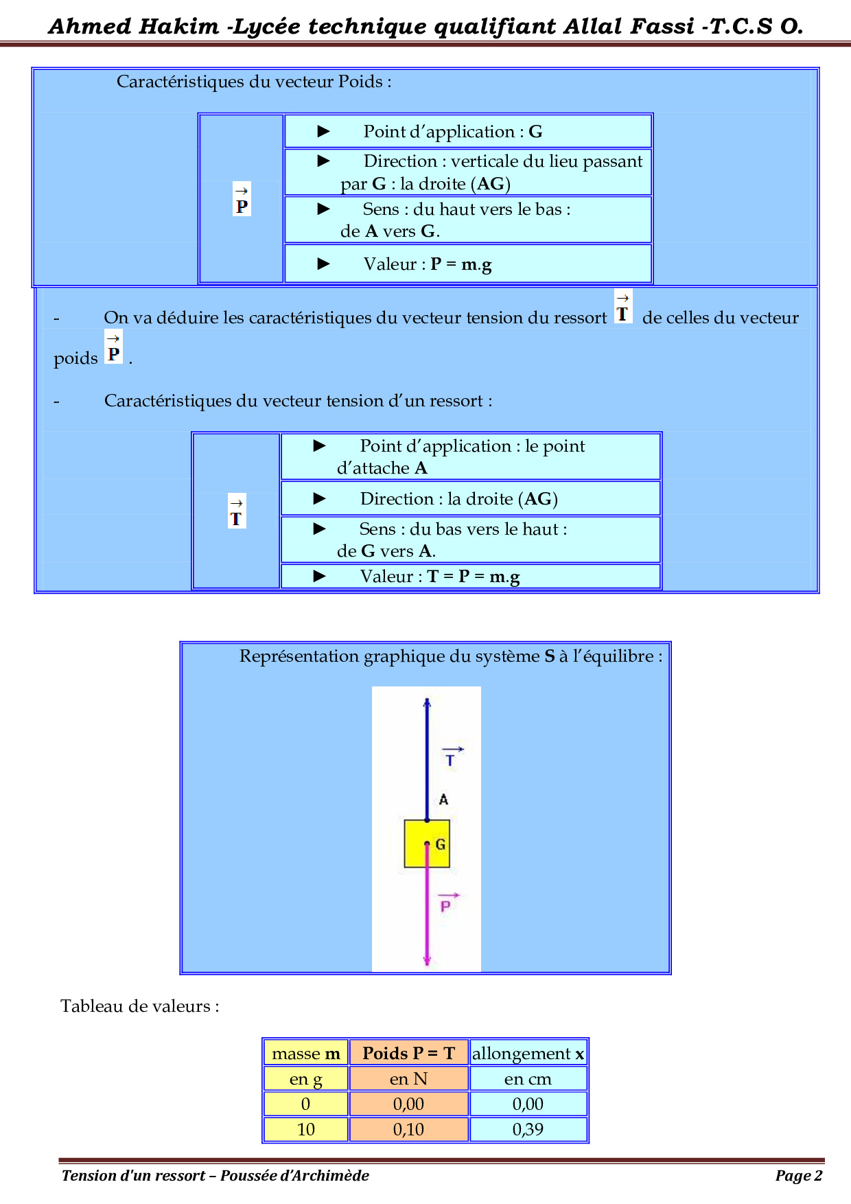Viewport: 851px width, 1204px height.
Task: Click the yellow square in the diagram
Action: click(415, 855)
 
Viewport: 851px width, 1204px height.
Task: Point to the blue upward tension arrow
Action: click(427, 755)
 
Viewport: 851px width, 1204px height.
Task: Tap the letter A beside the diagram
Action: click(443, 800)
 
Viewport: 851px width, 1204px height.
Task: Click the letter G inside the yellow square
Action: click(441, 844)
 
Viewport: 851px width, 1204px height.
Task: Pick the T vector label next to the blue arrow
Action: click(451, 757)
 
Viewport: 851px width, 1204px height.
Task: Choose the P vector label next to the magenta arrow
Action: click(446, 903)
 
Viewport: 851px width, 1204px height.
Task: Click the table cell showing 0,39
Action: click(528, 1129)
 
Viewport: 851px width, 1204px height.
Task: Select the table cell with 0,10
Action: click(408, 1129)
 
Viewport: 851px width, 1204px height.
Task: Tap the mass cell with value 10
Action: click(305, 1129)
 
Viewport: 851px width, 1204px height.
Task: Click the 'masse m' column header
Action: click(306, 1053)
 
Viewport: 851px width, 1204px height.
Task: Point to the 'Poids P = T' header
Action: click(408, 1053)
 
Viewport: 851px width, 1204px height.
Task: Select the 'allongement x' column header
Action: click(528, 1053)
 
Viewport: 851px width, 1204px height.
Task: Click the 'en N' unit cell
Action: click(408, 1079)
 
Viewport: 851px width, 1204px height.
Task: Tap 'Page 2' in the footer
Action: click(798, 1176)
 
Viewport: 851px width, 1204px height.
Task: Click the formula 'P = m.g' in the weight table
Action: click(461, 264)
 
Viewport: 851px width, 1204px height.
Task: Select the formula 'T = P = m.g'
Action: click(474, 577)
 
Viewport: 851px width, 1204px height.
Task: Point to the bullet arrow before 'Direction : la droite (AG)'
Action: click(320, 499)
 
